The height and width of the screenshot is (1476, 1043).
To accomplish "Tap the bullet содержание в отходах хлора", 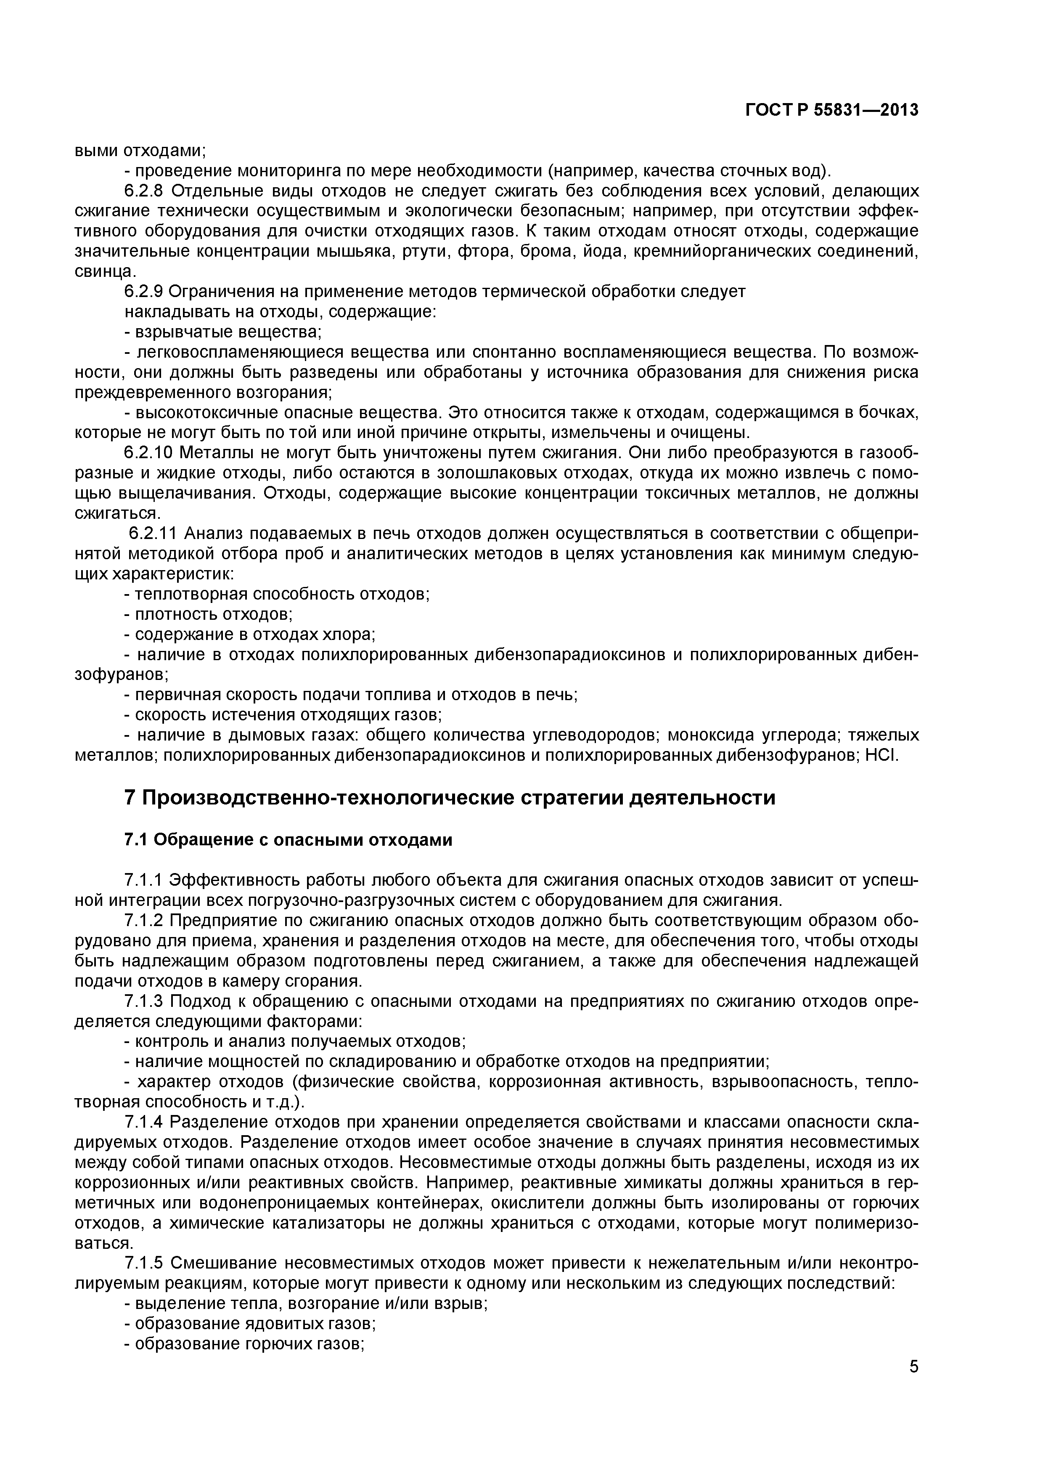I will (249, 634).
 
